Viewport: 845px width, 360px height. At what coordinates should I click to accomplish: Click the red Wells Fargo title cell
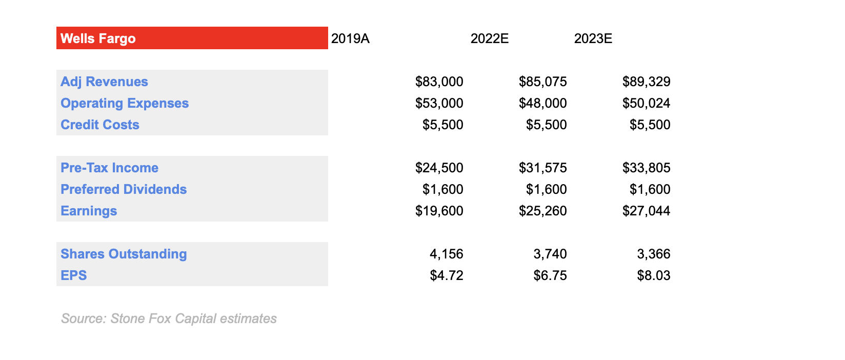pyautogui.click(x=192, y=38)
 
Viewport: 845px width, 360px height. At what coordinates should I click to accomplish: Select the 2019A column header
pyautogui.click(x=350, y=39)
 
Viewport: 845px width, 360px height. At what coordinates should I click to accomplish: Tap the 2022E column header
pyautogui.click(x=490, y=39)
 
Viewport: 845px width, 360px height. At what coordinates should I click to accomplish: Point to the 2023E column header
pyautogui.click(x=593, y=39)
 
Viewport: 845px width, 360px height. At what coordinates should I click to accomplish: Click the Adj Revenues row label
pyautogui.click(x=104, y=82)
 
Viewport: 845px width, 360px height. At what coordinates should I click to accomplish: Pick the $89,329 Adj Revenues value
pyautogui.click(x=646, y=82)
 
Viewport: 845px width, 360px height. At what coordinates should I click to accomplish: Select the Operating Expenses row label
pyautogui.click(x=125, y=103)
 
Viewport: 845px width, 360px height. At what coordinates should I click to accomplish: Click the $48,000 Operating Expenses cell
pyautogui.click(x=542, y=103)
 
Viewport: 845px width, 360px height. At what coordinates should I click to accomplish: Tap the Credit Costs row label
pyautogui.click(x=100, y=125)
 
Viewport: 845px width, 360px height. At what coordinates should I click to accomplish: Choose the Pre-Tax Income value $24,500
pyautogui.click(x=439, y=168)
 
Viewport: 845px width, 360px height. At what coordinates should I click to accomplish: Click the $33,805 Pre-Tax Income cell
pyautogui.click(x=646, y=168)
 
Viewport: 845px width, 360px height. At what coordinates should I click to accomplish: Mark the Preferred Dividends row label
pyautogui.click(x=124, y=189)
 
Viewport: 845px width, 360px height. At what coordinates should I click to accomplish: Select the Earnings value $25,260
pyautogui.click(x=542, y=211)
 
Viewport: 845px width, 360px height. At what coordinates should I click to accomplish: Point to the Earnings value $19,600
pyautogui.click(x=439, y=211)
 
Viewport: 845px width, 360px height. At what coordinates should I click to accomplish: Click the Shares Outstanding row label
pyautogui.click(x=124, y=254)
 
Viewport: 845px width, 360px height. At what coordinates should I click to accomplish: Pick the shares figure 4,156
pyautogui.click(x=446, y=254)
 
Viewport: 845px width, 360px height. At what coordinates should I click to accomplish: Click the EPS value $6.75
pyautogui.click(x=550, y=275)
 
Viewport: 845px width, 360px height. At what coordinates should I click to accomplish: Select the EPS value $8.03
pyautogui.click(x=654, y=275)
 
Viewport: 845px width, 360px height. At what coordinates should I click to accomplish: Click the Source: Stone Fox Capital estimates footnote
pyautogui.click(x=169, y=318)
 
